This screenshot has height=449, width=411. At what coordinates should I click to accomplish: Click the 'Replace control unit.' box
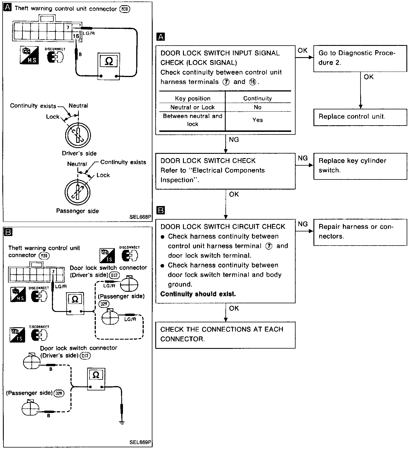click(360, 117)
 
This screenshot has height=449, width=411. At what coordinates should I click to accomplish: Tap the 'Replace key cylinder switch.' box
click(360, 166)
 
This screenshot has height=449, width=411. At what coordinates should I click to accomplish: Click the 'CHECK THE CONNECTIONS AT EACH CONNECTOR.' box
click(225, 335)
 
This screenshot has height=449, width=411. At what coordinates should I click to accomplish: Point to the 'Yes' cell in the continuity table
click(257, 120)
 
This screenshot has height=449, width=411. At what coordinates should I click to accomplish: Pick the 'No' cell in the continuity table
click(257, 107)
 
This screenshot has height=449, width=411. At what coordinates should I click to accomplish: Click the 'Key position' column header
click(193, 98)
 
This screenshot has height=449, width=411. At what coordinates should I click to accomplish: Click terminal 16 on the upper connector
click(76, 36)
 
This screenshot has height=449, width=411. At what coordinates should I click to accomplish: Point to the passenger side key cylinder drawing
click(77, 192)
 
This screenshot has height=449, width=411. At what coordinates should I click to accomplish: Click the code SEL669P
click(140, 442)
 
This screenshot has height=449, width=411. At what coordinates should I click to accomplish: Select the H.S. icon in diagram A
click(29, 55)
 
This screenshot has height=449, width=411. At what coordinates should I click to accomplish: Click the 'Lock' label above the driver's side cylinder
click(53, 117)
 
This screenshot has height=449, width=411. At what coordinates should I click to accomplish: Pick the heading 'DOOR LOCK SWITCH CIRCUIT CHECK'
click(223, 227)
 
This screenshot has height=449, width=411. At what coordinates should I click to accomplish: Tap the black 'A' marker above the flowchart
click(160, 37)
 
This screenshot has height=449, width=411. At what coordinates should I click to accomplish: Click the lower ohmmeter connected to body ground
click(96, 379)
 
